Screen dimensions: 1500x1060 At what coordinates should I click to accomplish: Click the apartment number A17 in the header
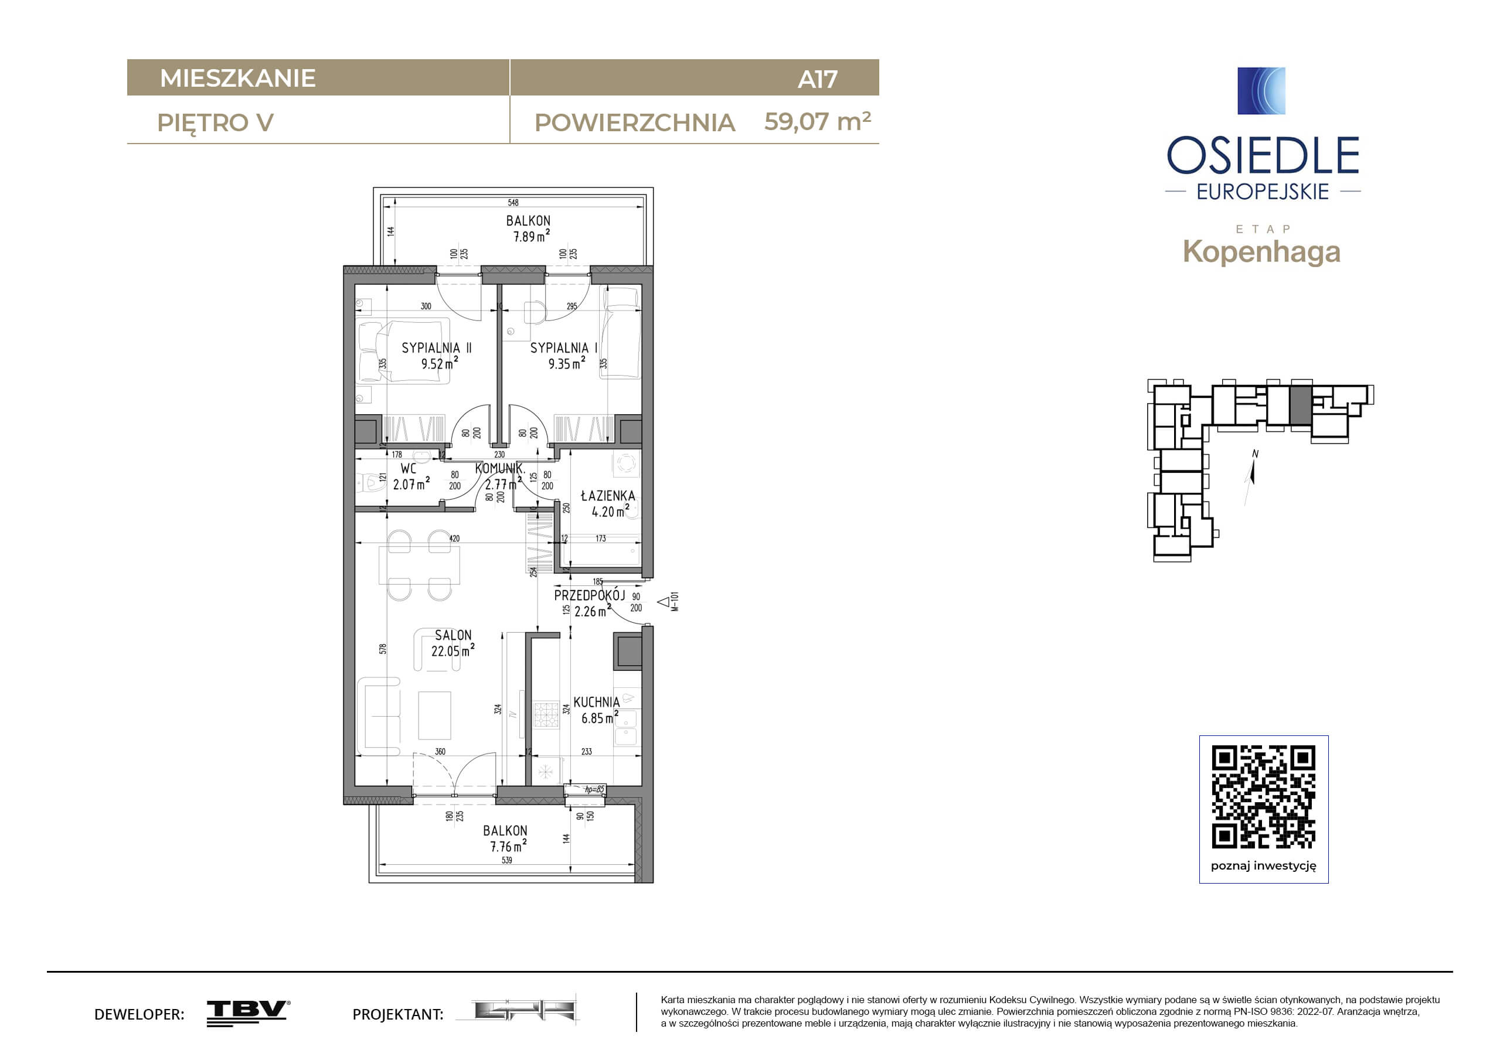pos(817,79)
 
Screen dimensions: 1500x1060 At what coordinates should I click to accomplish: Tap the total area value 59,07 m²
pos(817,121)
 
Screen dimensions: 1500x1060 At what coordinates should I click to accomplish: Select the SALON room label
pos(453,635)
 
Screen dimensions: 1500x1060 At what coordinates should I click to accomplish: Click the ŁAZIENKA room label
pos(608,496)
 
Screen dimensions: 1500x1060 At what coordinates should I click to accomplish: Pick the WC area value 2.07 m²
pos(411,484)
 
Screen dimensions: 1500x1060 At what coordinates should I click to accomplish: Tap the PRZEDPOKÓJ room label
pos(589,596)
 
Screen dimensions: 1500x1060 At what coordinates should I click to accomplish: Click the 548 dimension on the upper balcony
pos(513,203)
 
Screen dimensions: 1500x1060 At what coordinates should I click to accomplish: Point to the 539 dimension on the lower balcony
pos(507,860)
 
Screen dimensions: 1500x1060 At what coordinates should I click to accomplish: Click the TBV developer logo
pos(249,1013)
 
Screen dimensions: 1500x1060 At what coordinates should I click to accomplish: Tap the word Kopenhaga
pos(1261,252)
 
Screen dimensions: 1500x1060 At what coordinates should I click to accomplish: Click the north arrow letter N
pos(1255,454)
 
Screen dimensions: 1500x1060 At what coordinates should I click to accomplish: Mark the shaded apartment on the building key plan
pos(1300,405)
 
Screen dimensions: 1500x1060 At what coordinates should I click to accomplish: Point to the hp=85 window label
pos(594,789)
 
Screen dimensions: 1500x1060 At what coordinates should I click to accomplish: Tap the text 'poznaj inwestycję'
pos(1264,866)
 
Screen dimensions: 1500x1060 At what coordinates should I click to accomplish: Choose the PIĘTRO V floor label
pos(216,123)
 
